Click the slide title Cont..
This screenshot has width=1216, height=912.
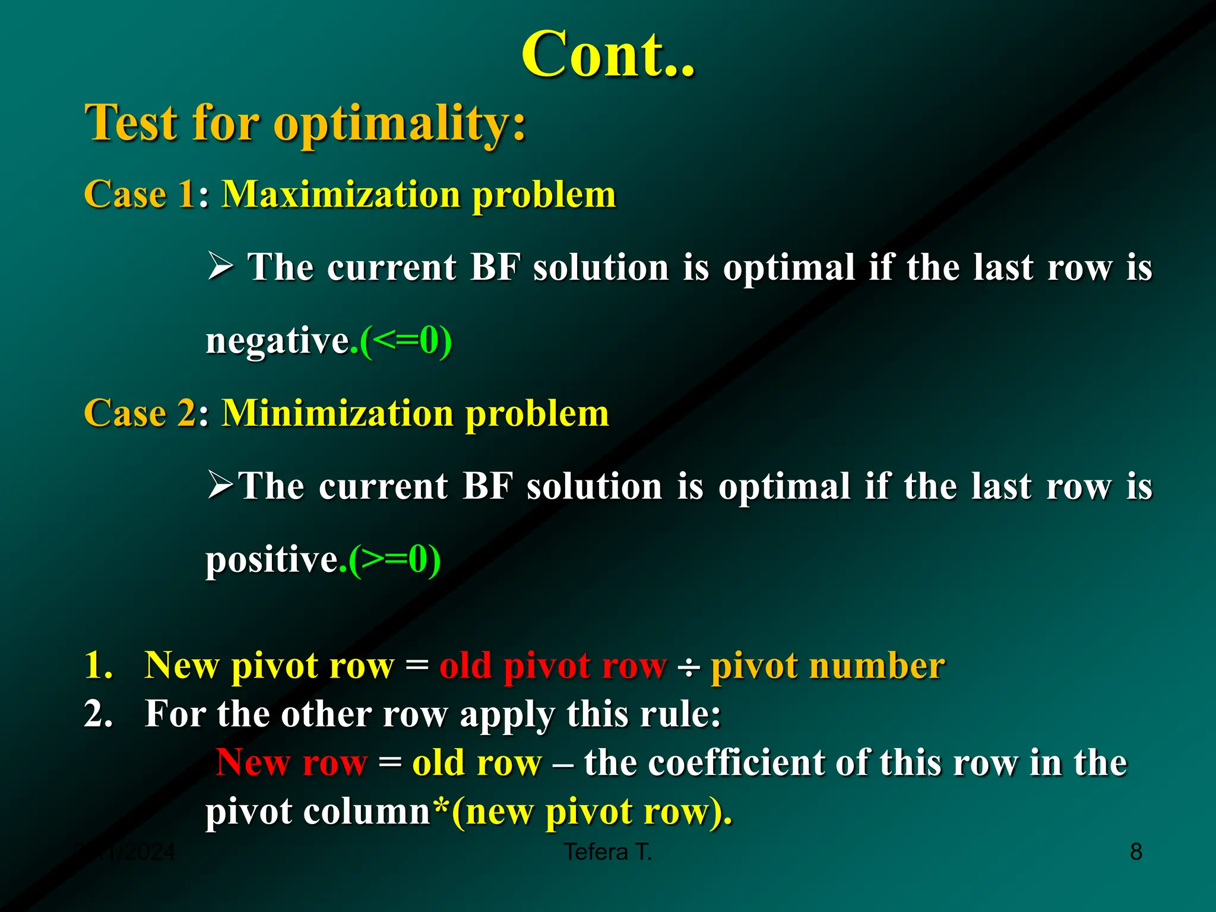click(x=607, y=55)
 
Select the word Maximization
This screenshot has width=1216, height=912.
click(x=341, y=195)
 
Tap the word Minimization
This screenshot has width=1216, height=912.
click(x=337, y=413)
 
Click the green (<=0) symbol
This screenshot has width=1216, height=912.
click(x=407, y=341)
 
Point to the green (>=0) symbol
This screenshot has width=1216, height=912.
click(x=395, y=559)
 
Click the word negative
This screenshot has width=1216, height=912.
click(x=277, y=342)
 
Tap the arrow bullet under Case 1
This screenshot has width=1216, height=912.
click(x=220, y=265)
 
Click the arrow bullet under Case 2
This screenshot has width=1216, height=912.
click(x=220, y=484)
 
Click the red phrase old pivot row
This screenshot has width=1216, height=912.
click(x=553, y=666)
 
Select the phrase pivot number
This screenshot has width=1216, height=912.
click(x=828, y=666)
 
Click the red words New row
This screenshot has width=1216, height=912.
click(x=292, y=762)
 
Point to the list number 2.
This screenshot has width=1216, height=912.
click(x=98, y=714)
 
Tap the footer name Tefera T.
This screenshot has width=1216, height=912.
click(x=607, y=852)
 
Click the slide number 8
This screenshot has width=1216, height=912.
click(x=1136, y=852)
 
